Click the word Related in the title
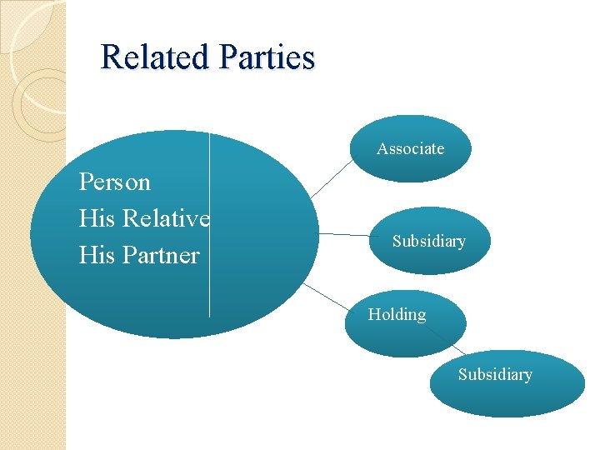click(155, 57)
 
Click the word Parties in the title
click(267, 57)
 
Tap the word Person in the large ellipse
click(114, 182)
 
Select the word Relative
click(166, 218)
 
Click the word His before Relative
click(97, 218)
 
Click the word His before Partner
click(97, 254)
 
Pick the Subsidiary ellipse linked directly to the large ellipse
click(428, 242)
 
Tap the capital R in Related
click(109, 57)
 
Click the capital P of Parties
click(227, 57)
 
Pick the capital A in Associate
click(382, 148)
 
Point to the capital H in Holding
click(374, 315)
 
